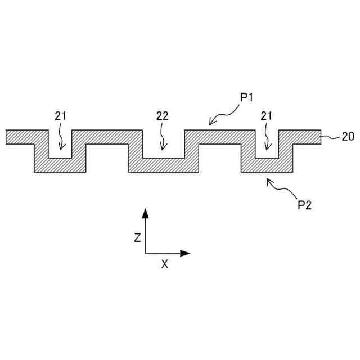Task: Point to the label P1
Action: point(247,97)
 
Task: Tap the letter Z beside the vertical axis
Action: point(137,238)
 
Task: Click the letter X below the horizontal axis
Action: point(164,264)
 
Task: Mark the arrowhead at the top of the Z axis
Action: point(145,212)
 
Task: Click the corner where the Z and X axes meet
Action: point(145,253)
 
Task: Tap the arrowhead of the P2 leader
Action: point(269,181)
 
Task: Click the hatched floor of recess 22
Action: point(163,165)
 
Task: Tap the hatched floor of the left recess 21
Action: point(60,165)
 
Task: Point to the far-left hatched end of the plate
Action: point(17,137)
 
